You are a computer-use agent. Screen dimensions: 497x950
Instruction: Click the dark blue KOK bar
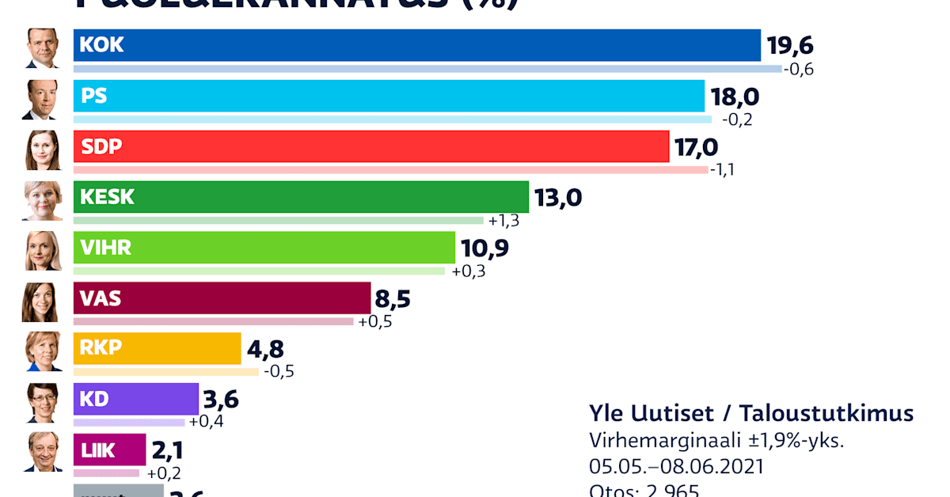pos(416,45)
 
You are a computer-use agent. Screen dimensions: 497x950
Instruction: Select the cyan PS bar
pos(389,96)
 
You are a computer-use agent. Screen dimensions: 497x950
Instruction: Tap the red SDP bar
pos(370,146)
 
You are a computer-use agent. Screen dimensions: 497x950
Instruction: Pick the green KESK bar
pos(301,197)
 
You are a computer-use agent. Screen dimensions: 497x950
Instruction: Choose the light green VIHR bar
pos(264,248)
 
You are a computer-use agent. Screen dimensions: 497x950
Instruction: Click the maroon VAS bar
pos(222,298)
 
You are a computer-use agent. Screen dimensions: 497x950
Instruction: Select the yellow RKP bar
pos(157,349)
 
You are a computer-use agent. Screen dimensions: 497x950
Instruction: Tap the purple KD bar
pos(135,400)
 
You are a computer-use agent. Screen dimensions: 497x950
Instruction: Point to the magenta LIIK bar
pos(109,450)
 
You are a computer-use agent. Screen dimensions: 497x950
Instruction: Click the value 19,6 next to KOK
pos(790,46)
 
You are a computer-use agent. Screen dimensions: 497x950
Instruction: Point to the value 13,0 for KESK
pos(558,198)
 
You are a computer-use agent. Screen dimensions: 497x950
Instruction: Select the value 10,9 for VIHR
pos(484,248)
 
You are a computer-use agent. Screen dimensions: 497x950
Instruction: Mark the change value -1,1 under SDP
pos(722,170)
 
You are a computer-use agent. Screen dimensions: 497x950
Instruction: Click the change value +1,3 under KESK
pos(503,221)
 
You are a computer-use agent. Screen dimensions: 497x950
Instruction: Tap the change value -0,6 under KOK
pos(798,70)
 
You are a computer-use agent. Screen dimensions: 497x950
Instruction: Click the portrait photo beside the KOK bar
pos(42,49)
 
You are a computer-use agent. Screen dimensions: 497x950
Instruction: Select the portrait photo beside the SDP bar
pos(42,150)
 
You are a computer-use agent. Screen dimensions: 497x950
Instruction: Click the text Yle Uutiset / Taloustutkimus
pos(750,413)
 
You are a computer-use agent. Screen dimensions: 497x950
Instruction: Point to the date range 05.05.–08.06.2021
pos(676,466)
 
